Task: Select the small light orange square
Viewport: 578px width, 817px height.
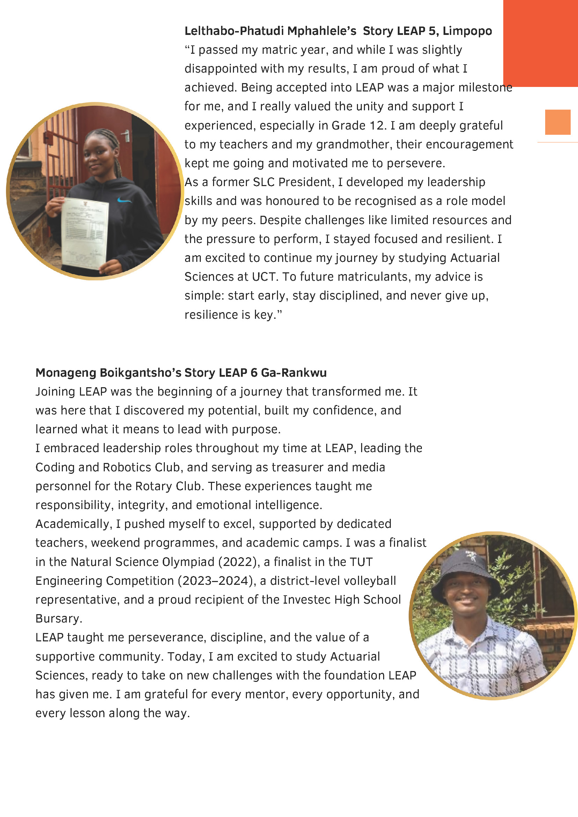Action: [x=558, y=122]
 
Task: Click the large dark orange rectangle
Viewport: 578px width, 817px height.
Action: [x=540, y=43]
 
